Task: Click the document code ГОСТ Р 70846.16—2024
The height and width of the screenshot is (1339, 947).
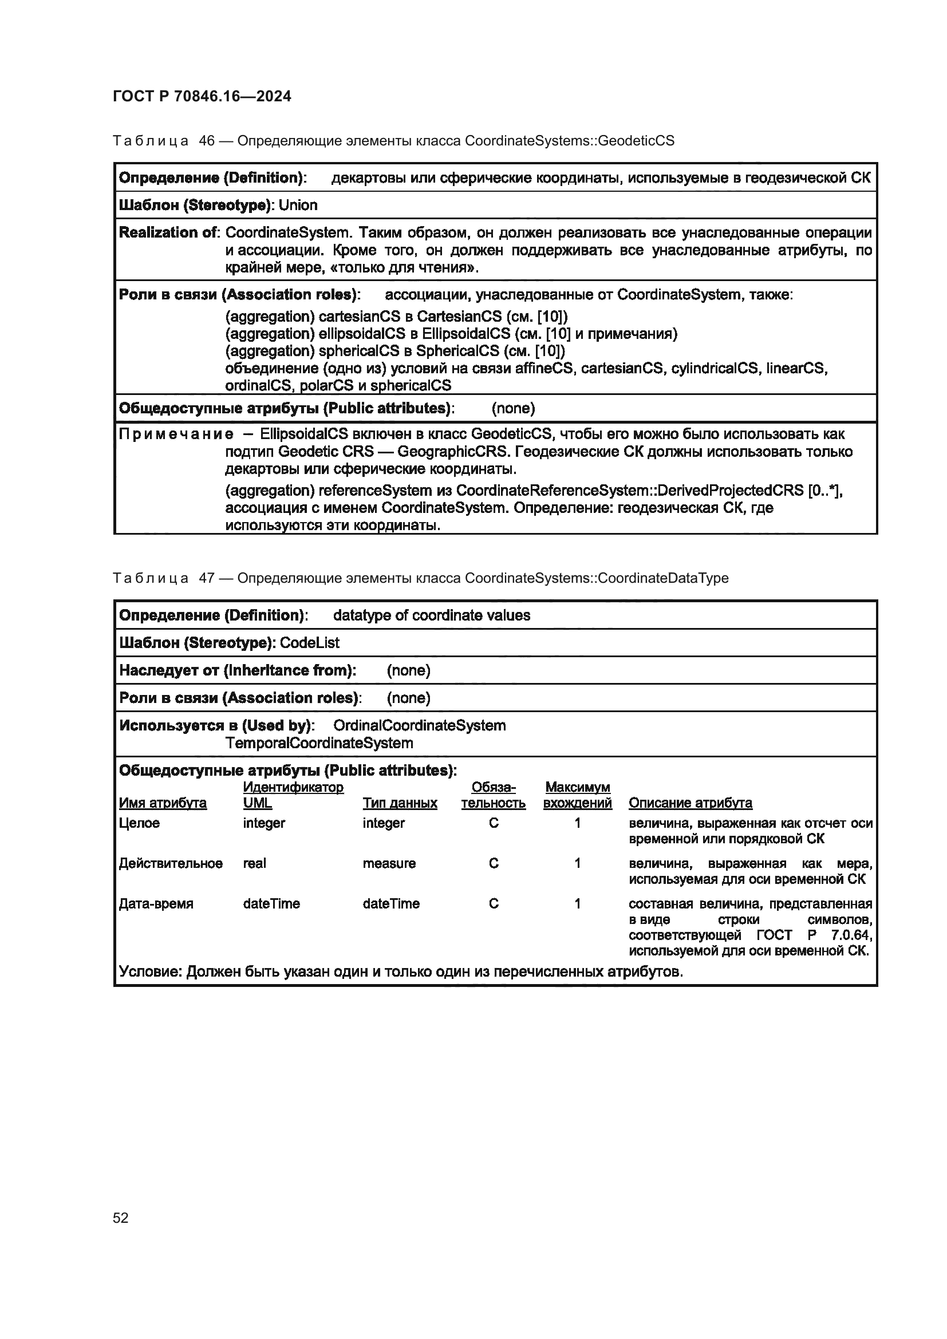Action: tap(202, 96)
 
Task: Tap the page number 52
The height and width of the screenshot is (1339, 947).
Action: tap(121, 1218)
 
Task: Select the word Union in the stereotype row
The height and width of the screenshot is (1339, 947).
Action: tap(298, 206)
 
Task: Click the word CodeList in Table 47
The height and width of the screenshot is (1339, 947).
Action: tap(310, 643)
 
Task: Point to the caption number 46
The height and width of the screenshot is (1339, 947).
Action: tap(207, 141)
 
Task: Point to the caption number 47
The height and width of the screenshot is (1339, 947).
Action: tap(207, 578)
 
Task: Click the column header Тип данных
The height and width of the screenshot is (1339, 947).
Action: tap(400, 803)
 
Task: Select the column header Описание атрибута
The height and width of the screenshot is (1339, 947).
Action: tap(690, 803)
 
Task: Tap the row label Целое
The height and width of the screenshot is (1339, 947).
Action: tap(139, 823)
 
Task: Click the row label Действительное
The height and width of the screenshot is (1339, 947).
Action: tap(171, 863)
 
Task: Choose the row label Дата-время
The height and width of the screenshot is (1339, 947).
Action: tap(156, 903)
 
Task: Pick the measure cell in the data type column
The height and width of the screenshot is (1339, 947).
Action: tap(389, 863)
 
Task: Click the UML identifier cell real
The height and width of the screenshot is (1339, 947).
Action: tap(254, 863)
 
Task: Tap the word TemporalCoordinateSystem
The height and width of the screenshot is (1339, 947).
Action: tap(319, 743)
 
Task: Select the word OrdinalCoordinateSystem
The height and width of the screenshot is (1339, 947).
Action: tap(419, 725)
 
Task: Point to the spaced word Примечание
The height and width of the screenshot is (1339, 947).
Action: tap(176, 435)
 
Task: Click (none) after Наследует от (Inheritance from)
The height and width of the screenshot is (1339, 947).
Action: tap(408, 670)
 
